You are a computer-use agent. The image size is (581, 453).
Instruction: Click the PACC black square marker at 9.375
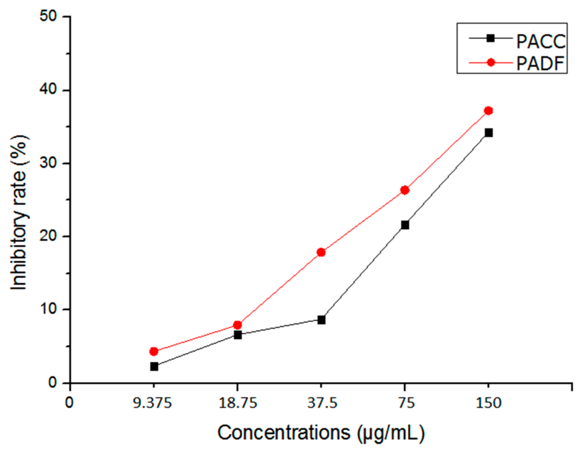click(x=154, y=366)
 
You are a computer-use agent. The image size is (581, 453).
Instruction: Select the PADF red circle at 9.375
click(x=154, y=351)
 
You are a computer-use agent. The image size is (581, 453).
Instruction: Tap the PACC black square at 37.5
click(x=321, y=320)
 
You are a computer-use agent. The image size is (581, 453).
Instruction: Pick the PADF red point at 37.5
click(x=321, y=252)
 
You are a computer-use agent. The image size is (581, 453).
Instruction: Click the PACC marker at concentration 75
click(x=405, y=225)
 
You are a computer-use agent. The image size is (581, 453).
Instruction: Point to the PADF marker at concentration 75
click(x=405, y=190)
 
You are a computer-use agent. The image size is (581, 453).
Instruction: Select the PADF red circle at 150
click(x=488, y=111)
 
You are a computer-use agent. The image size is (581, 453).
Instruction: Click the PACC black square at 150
click(x=488, y=132)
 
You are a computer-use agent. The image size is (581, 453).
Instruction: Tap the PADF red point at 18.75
click(x=237, y=325)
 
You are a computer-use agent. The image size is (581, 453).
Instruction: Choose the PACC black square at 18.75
click(x=237, y=335)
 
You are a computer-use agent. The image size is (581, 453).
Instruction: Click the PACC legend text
click(x=541, y=41)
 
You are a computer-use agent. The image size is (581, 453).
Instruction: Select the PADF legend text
click(x=540, y=64)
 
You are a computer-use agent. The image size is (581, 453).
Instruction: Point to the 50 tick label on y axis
click(x=48, y=16)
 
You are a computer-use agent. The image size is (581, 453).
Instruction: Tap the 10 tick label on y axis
click(x=48, y=309)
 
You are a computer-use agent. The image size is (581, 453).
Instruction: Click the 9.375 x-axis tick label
click(x=153, y=403)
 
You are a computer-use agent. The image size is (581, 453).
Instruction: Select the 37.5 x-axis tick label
click(x=322, y=403)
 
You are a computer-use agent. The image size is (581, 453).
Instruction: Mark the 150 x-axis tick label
click(x=488, y=403)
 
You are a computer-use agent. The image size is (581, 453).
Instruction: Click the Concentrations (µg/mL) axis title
click(x=321, y=433)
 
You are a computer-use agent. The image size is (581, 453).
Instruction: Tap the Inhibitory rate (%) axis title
click(x=19, y=213)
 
